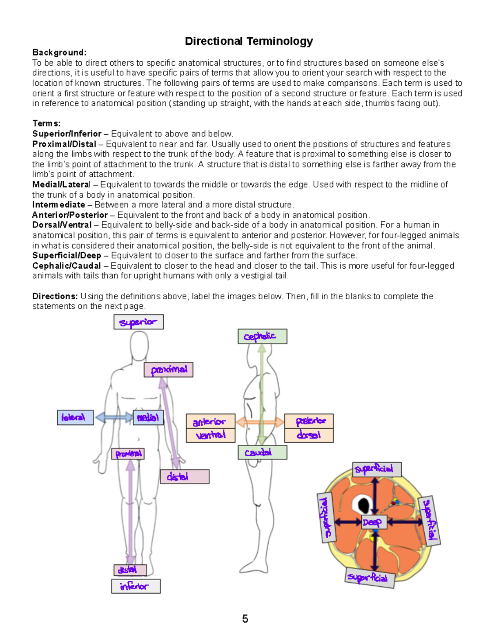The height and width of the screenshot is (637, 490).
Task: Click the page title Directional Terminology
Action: (x=249, y=41)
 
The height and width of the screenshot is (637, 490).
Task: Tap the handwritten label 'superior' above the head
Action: (x=138, y=322)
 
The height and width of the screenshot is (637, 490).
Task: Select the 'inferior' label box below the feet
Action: (x=136, y=586)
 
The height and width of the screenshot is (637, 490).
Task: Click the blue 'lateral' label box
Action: (x=75, y=417)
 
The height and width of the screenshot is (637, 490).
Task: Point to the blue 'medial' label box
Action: (x=148, y=417)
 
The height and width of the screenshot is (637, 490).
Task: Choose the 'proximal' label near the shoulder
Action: (x=168, y=370)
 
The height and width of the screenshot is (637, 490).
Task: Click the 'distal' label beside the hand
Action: (x=185, y=477)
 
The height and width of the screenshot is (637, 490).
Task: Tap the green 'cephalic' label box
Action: (x=262, y=336)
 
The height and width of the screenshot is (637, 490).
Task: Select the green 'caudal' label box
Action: (x=262, y=452)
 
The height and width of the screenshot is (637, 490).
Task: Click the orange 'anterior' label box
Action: (x=211, y=421)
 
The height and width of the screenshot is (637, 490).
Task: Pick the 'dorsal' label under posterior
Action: (x=309, y=435)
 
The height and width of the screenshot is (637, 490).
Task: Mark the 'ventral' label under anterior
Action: (x=211, y=435)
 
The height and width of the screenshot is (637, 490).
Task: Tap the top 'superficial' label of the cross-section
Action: (x=376, y=469)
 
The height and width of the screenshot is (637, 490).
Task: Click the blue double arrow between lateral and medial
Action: (x=114, y=417)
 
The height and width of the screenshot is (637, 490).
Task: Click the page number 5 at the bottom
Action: (x=245, y=619)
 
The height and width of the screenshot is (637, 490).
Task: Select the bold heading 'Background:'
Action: (x=59, y=53)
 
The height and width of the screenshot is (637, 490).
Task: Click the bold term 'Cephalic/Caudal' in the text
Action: (x=67, y=266)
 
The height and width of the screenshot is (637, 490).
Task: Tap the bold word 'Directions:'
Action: (x=55, y=296)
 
